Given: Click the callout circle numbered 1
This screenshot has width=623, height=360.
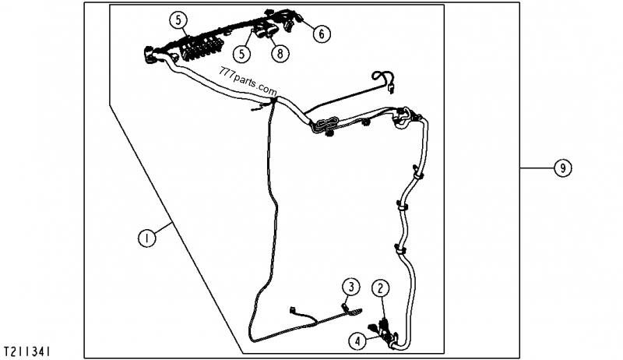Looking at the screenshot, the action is [147, 238].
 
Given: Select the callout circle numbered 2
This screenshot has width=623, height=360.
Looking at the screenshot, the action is [381, 288].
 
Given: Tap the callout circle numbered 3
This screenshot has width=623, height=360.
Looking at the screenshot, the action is [351, 287].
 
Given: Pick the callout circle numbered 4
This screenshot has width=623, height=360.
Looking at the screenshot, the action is [358, 341].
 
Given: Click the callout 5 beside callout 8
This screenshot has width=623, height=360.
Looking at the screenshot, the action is [242, 54].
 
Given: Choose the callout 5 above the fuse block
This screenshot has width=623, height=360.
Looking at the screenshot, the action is [178, 19].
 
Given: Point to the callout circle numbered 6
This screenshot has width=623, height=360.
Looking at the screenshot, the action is [322, 34].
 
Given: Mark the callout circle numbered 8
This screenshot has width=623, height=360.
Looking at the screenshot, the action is [280, 53].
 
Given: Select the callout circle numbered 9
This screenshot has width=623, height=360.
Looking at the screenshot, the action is [562, 168].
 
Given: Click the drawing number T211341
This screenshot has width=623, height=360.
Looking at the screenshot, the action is [27, 351].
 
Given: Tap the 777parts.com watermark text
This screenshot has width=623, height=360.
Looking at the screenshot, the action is [247, 81].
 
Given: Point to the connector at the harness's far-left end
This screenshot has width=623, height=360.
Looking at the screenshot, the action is [150, 55].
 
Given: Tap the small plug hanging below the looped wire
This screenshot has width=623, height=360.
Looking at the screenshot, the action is [391, 90].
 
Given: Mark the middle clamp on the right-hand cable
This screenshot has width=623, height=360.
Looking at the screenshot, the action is [403, 206].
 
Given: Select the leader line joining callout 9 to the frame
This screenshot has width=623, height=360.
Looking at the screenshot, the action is [537, 168].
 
